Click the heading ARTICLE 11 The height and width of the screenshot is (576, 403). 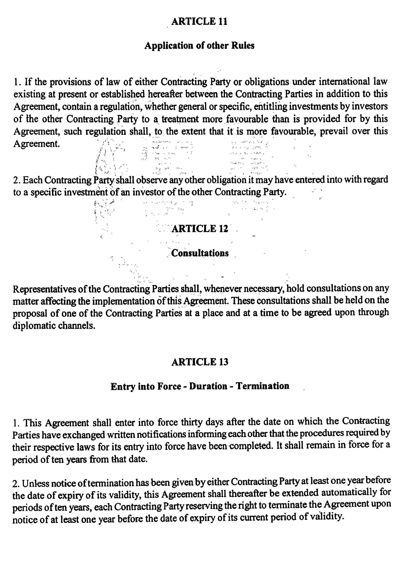pyautogui.click(x=199, y=22)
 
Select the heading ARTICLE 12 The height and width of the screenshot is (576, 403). pyautogui.click(x=200, y=229)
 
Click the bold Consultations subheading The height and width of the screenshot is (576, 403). pyautogui.click(x=200, y=253)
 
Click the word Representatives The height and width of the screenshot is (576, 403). pyautogui.click(x=44, y=289)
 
